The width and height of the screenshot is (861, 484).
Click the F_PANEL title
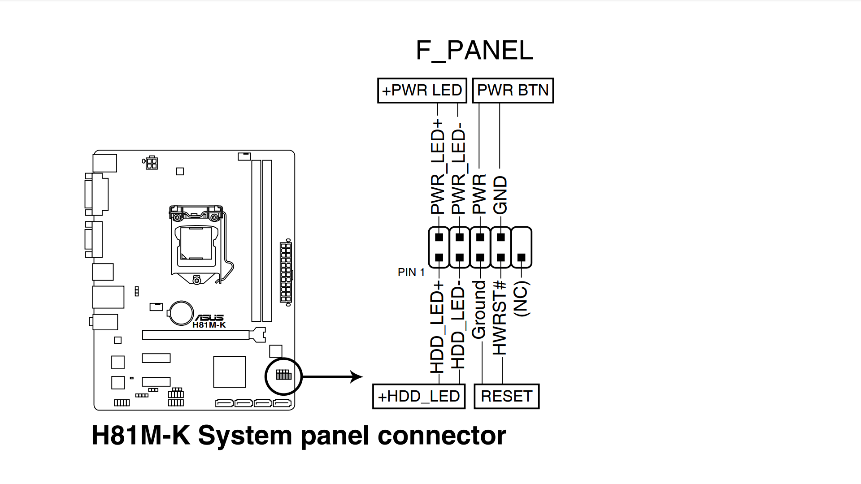pyautogui.click(x=474, y=50)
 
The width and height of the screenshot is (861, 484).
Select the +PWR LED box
pyautogui.click(x=422, y=91)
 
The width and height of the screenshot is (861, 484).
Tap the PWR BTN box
pyautogui.click(x=513, y=91)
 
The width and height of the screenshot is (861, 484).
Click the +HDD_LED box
pyautogui.click(x=418, y=397)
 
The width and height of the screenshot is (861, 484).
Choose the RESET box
pyautogui.click(x=506, y=397)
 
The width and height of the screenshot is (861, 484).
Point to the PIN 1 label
pyautogui.click(x=411, y=272)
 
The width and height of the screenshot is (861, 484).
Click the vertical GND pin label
pyautogui.click(x=500, y=195)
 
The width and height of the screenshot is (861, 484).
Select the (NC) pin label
pyautogui.click(x=522, y=299)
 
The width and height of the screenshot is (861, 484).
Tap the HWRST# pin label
pyautogui.click(x=500, y=318)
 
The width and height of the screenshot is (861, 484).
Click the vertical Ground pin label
pyautogui.click(x=479, y=310)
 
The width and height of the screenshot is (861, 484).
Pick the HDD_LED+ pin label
pyautogui.click(x=437, y=327)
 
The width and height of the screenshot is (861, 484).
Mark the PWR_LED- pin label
pyautogui.click(x=459, y=166)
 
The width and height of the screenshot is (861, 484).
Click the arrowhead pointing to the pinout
pyautogui.click(x=357, y=377)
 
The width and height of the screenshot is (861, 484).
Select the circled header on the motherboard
pyautogui.click(x=283, y=376)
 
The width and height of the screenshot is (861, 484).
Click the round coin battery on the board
pyautogui.click(x=181, y=313)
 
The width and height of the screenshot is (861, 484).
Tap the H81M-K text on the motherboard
pyautogui.click(x=209, y=325)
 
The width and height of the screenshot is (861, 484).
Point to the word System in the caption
pyautogui.click(x=245, y=436)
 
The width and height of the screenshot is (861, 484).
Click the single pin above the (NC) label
pyautogui.click(x=521, y=258)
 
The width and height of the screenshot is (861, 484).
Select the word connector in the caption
pyautogui.click(x=442, y=436)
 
